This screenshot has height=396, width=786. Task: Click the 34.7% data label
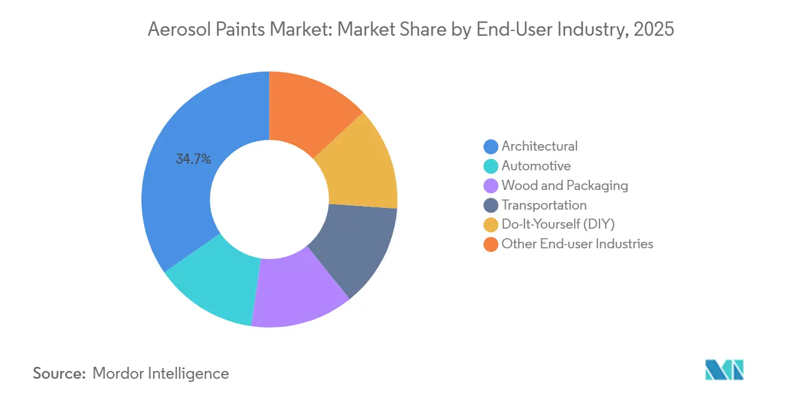tap(193, 159)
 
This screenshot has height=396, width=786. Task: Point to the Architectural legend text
tap(539, 146)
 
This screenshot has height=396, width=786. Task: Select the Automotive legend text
tap(536, 166)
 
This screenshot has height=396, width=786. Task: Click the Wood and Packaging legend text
tap(564, 185)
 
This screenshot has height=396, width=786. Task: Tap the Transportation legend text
tap(544, 205)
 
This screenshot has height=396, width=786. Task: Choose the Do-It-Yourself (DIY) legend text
tap(558, 224)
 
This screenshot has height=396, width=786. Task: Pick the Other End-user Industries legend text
tap(577, 244)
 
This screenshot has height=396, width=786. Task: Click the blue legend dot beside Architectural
tap(491, 146)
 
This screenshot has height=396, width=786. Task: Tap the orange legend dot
tap(491, 244)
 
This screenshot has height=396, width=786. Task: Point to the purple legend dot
tap(491, 186)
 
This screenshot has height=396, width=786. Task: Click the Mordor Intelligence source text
tap(161, 373)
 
